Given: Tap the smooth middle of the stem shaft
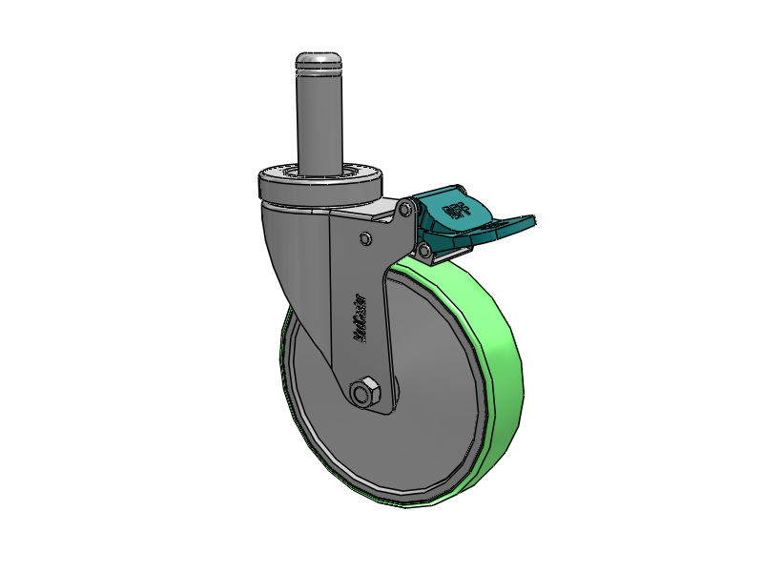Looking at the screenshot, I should [320, 119].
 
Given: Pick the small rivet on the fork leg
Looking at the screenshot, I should [365, 236].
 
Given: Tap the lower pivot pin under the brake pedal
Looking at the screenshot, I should [423, 250].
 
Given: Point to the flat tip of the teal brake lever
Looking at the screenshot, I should [520, 223].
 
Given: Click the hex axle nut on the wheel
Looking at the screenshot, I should [364, 392].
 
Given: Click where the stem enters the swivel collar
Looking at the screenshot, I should [320, 172].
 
